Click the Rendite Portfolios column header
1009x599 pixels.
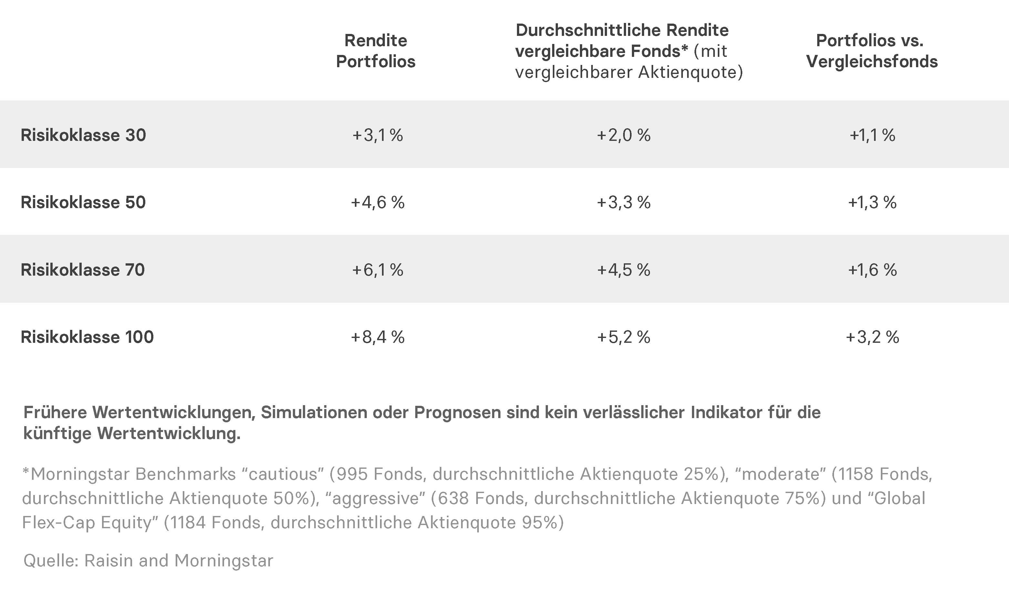pyautogui.click(x=376, y=51)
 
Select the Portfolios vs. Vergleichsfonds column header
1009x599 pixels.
pyautogui.click(x=872, y=51)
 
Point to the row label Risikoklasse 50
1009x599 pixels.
pyautogui.click(x=83, y=202)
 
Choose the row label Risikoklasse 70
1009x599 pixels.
pyautogui.click(x=83, y=270)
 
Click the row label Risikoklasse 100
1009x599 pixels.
pyautogui.click(x=87, y=337)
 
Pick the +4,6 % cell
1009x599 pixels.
pyautogui.click(x=377, y=202)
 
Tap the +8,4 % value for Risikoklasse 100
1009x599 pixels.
pyautogui.click(x=377, y=337)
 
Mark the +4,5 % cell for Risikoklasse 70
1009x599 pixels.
pyautogui.click(x=623, y=270)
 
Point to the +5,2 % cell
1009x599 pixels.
pyautogui.click(x=623, y=337)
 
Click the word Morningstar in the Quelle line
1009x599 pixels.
pyautogui.click(x=223, y=561)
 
